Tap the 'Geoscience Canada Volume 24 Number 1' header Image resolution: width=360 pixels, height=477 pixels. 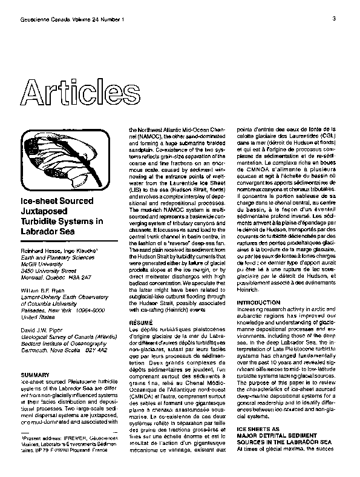point(72,19)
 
